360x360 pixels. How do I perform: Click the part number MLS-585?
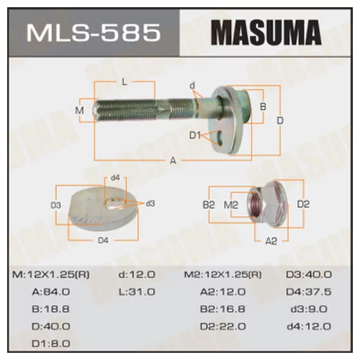click(94, 32)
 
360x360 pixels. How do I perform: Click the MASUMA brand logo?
click(266, 32)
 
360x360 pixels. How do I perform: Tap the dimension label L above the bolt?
click(125, 82)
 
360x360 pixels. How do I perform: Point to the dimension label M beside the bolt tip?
click(79, 110)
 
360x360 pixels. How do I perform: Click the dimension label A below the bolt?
click(173, 161)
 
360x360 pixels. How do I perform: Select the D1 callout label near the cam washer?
click(195, 135)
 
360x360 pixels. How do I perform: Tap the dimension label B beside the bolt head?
click(264, 107)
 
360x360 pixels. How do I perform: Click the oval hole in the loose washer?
click(112, 204)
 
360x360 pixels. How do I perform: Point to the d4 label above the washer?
click(115, 178)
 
